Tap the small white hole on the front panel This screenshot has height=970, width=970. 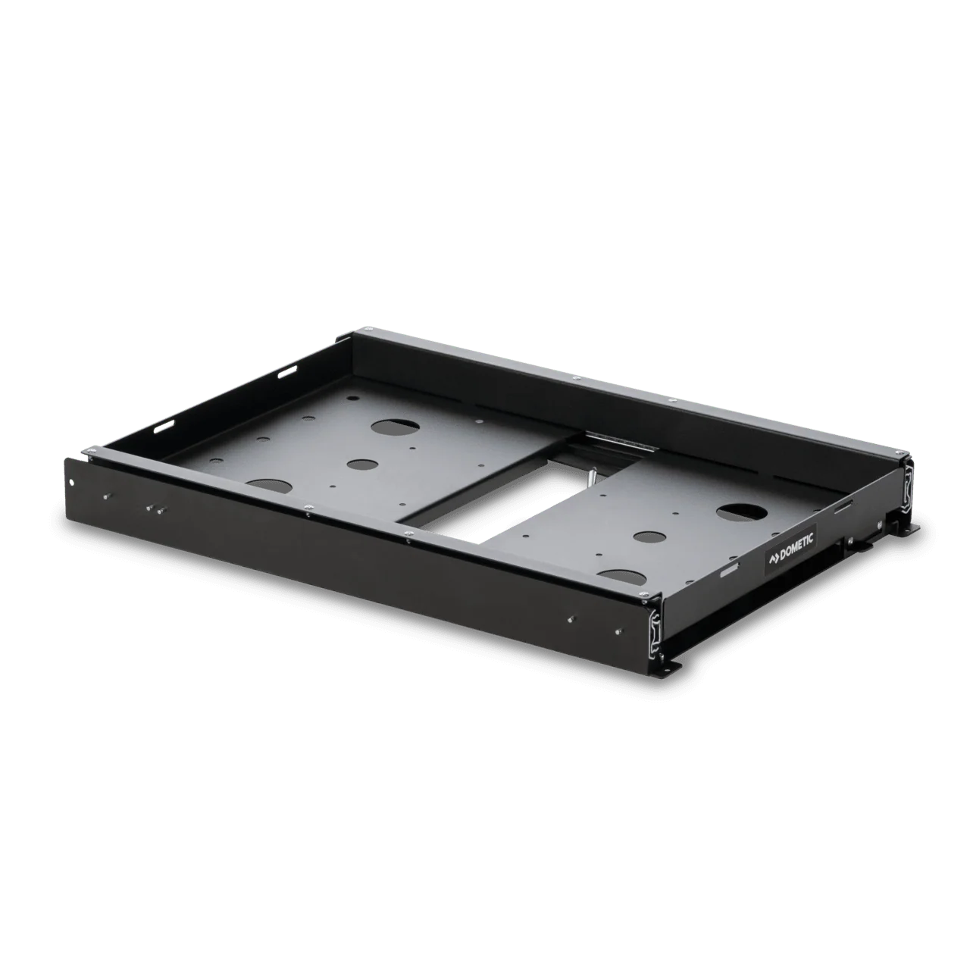pyautogui.click(x=74, y=482)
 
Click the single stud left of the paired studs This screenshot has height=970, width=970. pyautogui.click(x=107, y=496)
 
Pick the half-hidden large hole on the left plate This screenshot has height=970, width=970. pyautogui.click(x=269, y=487)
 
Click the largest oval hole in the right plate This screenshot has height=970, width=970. pyautogui.click(x=742, y=512)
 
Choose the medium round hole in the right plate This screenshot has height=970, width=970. pyautogui.click(x=647, y=536)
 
